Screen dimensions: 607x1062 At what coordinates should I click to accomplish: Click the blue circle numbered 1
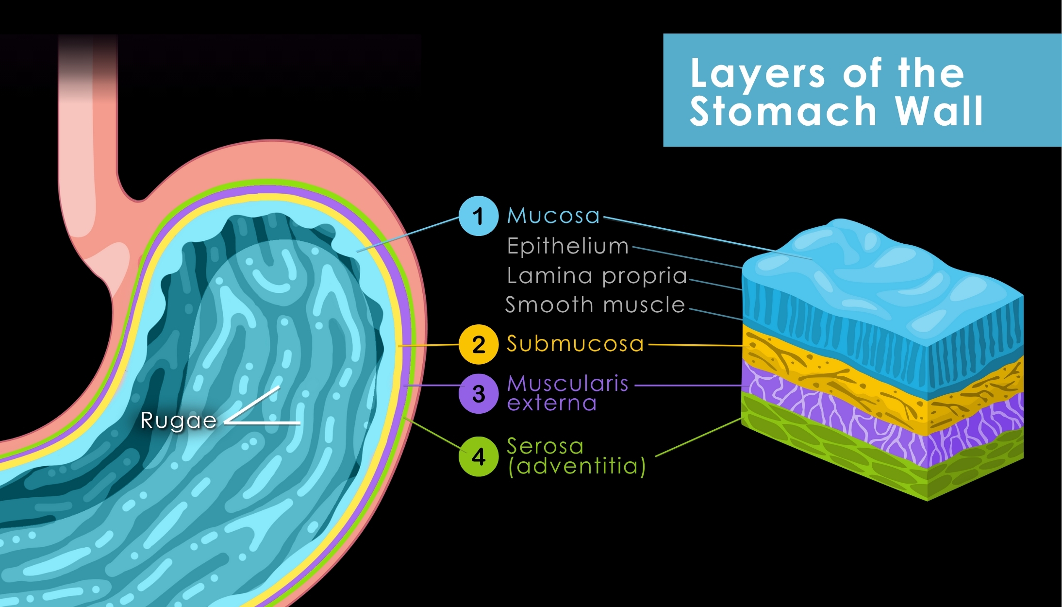tap(478, 216)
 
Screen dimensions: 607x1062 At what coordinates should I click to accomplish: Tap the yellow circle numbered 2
tap(478, 344)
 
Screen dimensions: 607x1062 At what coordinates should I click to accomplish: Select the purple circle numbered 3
tap(478, 394)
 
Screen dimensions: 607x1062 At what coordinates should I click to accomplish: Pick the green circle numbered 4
tap(478, 456)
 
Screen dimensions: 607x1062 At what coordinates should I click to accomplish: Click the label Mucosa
tap(553, 216)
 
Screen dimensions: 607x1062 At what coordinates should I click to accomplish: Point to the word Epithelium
tap(567, 246)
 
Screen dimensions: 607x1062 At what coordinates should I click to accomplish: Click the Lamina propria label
tap(597, 276)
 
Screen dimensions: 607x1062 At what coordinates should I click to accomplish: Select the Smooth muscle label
tap(595, 305)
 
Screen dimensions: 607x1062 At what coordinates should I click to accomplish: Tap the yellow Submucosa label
tap(575, 344)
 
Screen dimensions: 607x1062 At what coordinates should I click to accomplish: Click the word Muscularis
tap(567, 384)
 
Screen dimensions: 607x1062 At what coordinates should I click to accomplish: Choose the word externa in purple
tap(551, 404)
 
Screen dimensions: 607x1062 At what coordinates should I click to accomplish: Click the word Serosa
tap(545, 446)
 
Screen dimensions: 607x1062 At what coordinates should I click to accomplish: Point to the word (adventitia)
tap(577, 466)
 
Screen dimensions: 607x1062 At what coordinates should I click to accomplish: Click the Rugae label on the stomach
tap(178, 421)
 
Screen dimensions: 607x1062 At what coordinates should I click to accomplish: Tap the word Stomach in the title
tap(782, 112)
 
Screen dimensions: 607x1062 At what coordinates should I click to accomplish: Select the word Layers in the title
tap(757, 74)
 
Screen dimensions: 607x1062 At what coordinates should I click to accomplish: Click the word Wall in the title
tap(939, 112)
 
